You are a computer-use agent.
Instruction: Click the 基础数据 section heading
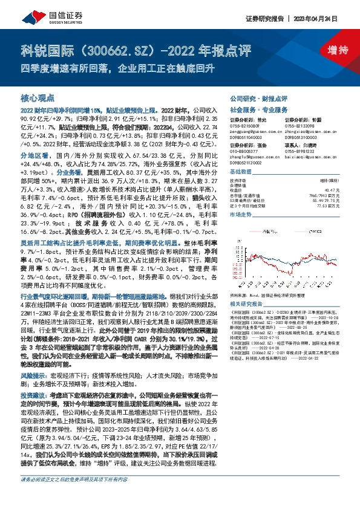click(241, 172)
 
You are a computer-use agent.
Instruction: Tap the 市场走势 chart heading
click(241, 215)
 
